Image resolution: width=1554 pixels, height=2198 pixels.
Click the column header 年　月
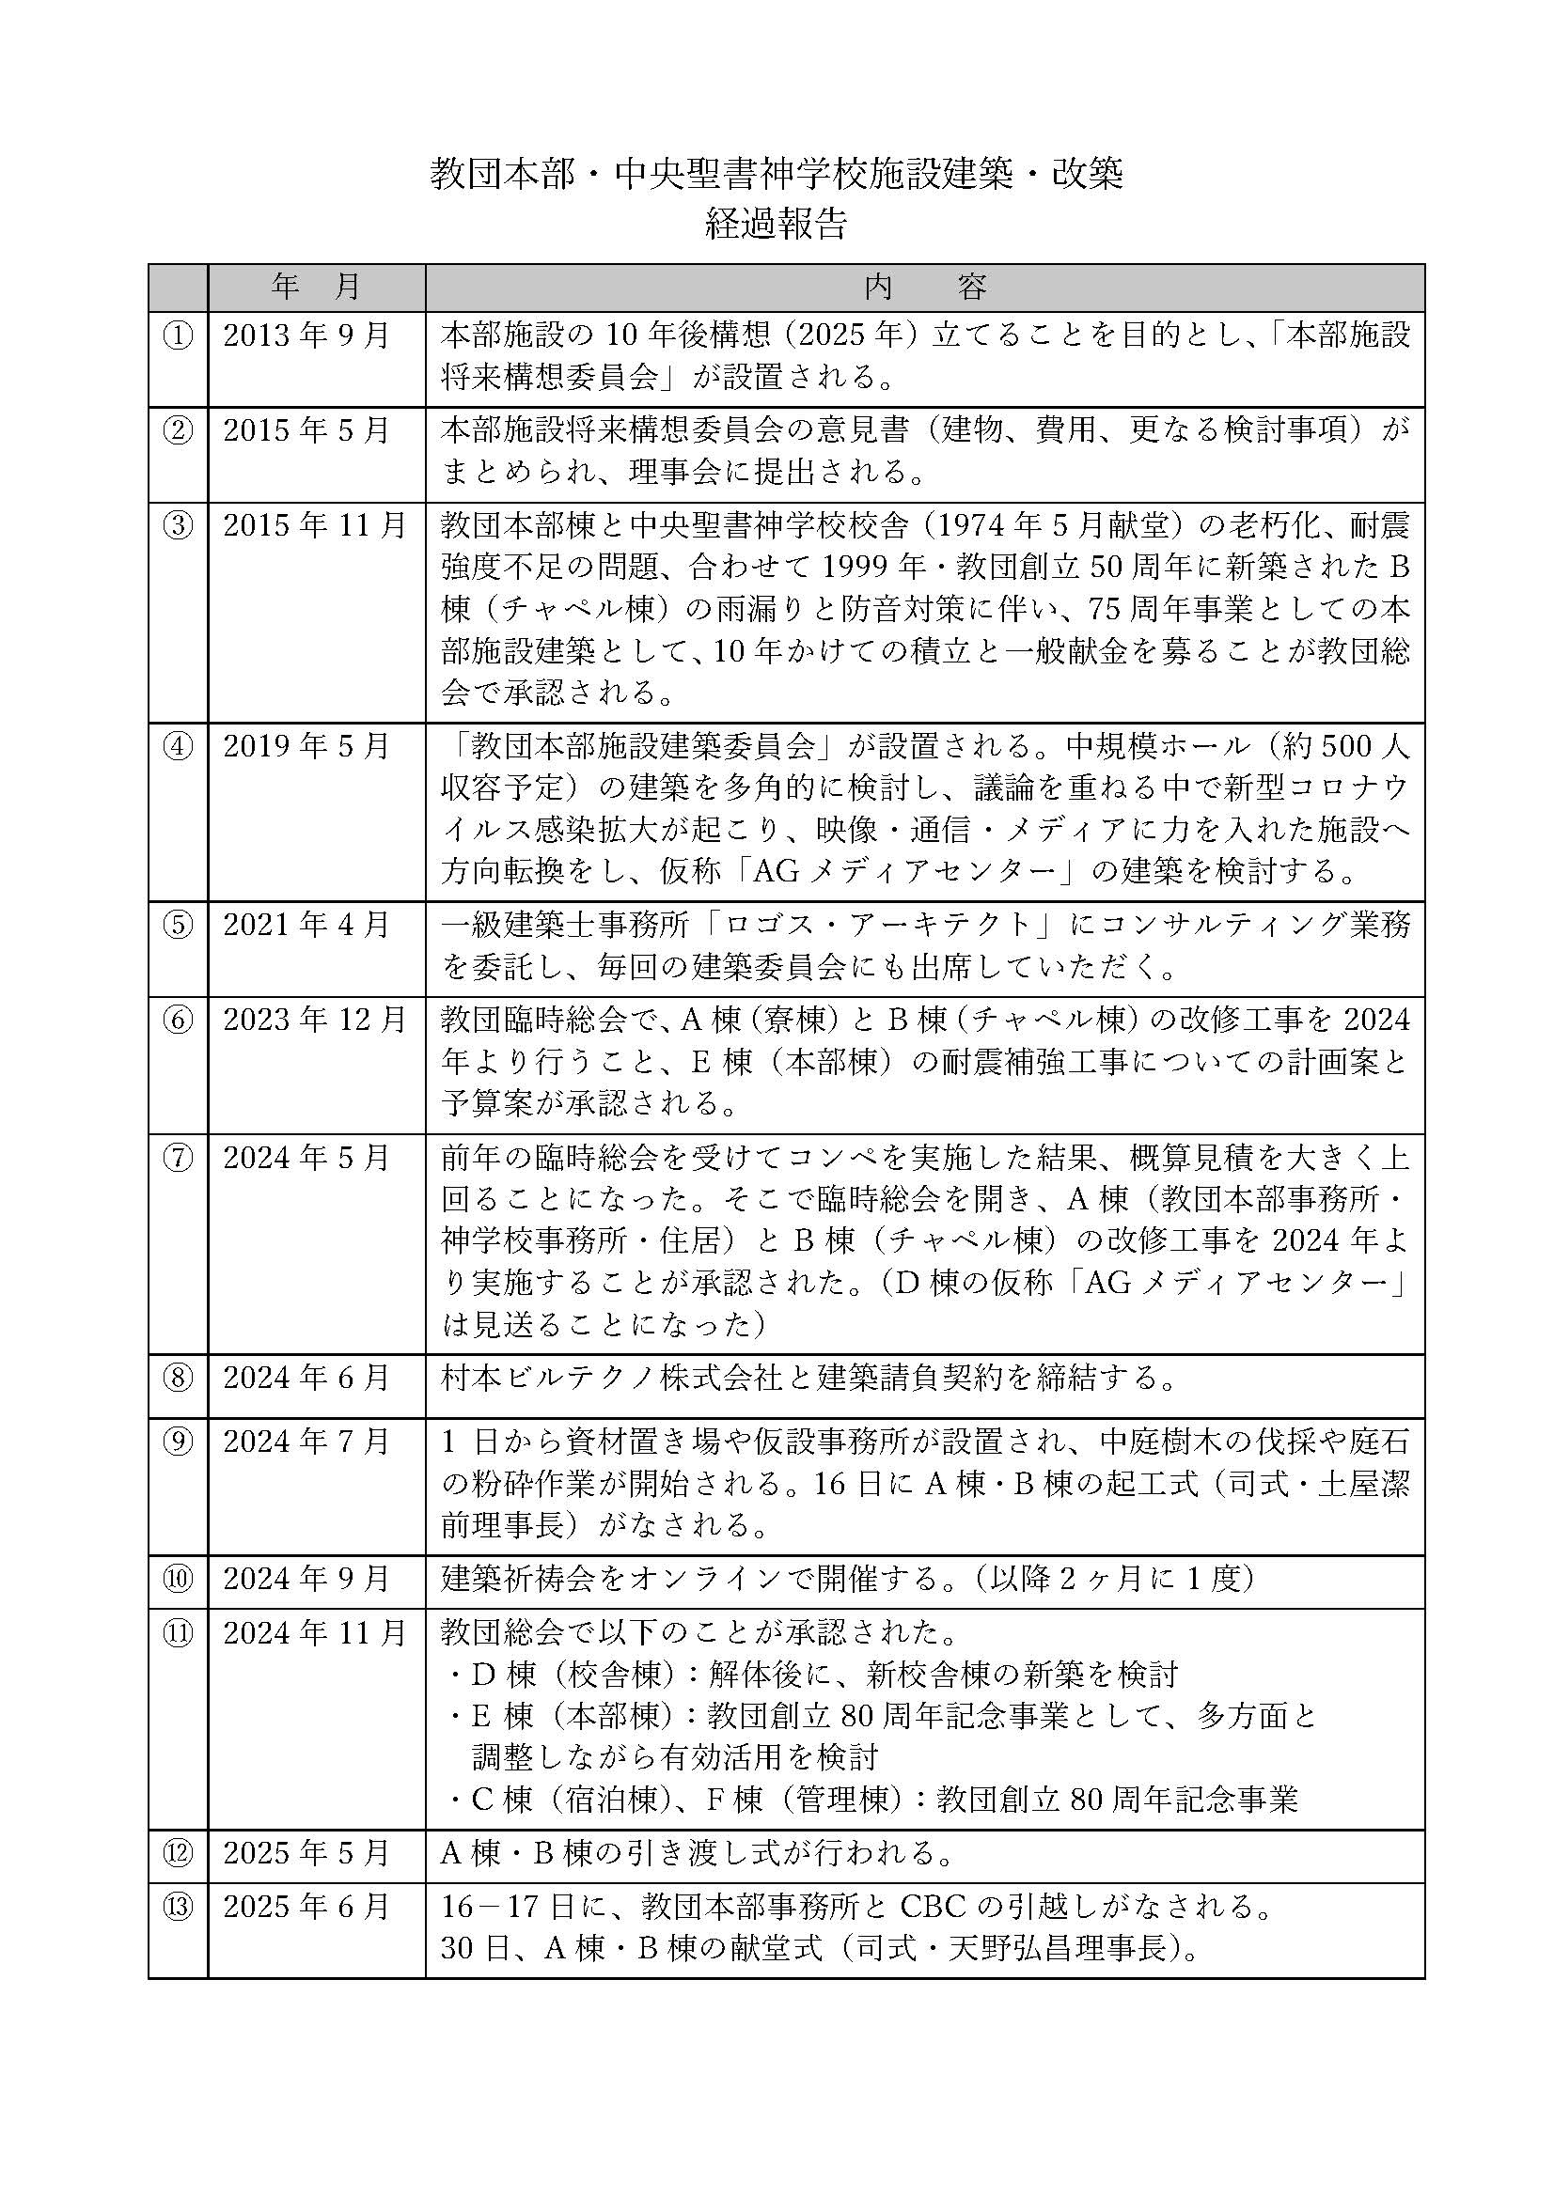click(316, 287)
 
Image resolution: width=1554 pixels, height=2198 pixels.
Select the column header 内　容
click(925, 287)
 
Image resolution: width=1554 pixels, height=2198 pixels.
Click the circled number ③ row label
click(178, 525)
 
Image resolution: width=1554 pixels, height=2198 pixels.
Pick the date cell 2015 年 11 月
click(315, 525)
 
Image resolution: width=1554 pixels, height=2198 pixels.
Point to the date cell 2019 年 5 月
click(306, 746)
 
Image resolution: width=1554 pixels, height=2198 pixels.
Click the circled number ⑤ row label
click(178, 924)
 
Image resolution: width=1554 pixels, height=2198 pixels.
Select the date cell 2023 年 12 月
click(315, 1020)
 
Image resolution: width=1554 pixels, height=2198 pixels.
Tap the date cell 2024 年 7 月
click(306, 1441)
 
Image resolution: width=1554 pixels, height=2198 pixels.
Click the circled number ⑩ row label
click(178, 1579)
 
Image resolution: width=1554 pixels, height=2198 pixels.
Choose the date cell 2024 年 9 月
click(306, 1579)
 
